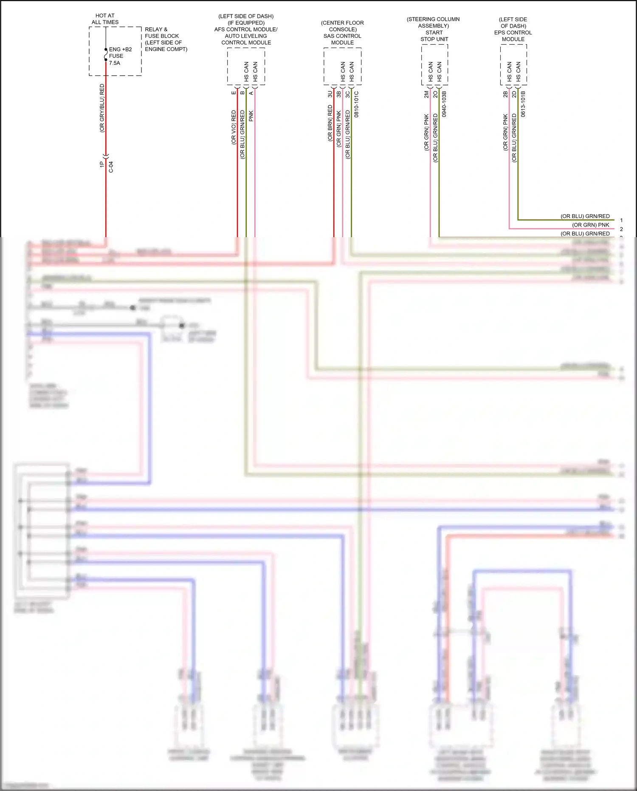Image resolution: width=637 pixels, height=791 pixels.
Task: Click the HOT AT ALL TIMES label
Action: point(105,19)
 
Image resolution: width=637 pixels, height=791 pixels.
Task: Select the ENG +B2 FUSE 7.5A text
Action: point(120,56)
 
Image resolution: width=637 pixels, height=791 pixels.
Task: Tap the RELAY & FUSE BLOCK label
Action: point(166,39)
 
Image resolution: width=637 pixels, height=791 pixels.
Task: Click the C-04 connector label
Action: point(111,167)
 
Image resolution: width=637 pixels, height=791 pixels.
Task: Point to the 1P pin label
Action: point(102,164)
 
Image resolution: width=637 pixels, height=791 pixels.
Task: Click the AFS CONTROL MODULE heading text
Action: point(246,29)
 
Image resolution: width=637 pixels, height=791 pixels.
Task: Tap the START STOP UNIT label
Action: point(434,36)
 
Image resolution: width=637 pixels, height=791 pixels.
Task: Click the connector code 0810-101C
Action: point(357,104)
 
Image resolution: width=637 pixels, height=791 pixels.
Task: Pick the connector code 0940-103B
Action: point(444,104)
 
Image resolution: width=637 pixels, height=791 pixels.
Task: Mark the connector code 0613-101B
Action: point(523,104)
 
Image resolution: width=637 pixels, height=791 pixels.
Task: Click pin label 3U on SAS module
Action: point(330,94)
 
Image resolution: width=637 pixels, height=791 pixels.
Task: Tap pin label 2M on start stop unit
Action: point(426,94)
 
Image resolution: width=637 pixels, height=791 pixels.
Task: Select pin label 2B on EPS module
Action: point(505,94)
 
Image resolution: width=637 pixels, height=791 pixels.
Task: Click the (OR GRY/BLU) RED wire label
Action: point(102,108)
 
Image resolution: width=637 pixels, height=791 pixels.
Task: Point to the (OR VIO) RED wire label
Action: point(234,128)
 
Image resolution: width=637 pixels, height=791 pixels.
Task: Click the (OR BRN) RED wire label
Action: point(330,123)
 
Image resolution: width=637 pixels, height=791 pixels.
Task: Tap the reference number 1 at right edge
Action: point(621,220)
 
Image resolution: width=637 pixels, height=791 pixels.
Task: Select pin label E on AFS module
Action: point(234,93)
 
